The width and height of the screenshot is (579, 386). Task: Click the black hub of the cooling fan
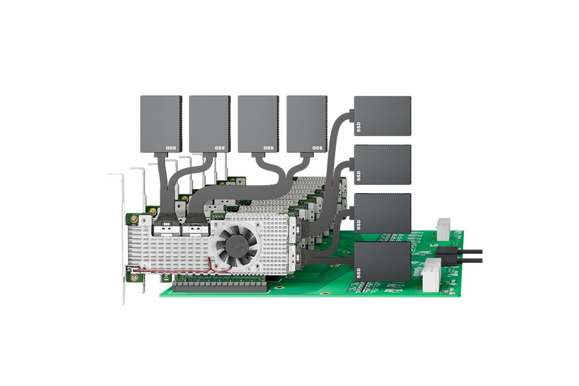point(236,247)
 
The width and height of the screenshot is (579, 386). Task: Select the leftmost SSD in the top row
point(162,124)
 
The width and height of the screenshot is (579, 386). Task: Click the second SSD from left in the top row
point(210,124)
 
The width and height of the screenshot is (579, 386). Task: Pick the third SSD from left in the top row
point(259,124)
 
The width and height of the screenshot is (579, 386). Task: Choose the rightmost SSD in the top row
point(307,124)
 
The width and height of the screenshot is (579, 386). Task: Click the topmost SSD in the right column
point(382,116)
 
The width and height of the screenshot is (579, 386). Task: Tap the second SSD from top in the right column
point(382,165)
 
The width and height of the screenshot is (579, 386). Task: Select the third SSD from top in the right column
point(382,213)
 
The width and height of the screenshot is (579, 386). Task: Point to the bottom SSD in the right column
point(382,262)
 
